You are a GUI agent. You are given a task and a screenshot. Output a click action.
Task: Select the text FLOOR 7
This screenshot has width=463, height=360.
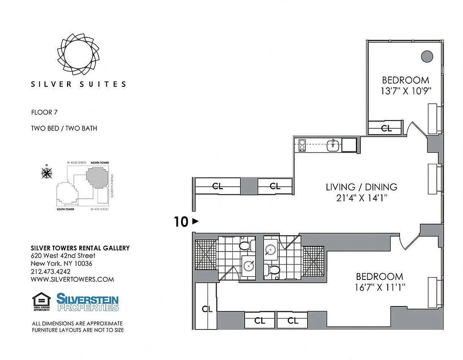coord(45,112)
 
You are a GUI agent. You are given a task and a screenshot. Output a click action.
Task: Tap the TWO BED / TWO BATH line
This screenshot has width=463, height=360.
coord(64,128)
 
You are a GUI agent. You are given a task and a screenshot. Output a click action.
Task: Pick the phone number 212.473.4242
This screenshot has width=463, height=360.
coord(50,271)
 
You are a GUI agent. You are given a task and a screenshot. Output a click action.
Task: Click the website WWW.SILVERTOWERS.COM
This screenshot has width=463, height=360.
coord(72,279)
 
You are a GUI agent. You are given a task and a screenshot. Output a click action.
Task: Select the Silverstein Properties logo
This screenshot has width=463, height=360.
coord(87,302)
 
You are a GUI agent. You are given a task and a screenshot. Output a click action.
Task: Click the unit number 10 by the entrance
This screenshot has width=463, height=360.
coord(181,221)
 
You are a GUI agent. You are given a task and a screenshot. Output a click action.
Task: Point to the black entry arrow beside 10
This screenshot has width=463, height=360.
coord(195,221)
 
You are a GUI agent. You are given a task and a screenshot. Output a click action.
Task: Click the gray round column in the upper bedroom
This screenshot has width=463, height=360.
coord(426,56)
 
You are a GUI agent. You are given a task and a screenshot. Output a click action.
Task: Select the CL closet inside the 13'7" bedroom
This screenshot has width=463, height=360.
coord(386,128)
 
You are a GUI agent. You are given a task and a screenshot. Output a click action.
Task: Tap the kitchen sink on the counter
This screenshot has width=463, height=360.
coord(333,145)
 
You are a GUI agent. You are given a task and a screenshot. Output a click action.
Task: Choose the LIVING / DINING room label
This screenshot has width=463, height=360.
coord(362,187)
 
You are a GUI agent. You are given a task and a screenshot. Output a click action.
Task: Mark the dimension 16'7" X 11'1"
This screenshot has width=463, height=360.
coord(380,287)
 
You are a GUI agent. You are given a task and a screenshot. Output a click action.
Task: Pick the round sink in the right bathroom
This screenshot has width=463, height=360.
coord(271,250)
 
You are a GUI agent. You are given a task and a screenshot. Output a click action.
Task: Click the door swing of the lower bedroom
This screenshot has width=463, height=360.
coord(408,244)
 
